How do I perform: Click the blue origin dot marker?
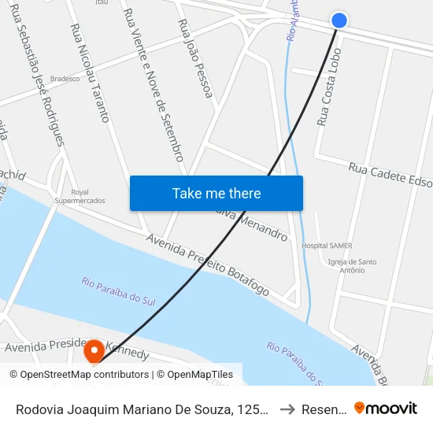pos(339,20)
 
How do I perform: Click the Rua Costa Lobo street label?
pos(328,97)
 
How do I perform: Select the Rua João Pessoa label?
pos(196,59)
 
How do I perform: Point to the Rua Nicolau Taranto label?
pos(90,72)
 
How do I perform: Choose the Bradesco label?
pos(65,79)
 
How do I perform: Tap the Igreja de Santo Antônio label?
pos(352,265)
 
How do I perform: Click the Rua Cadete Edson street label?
pos(390,176)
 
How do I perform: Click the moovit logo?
pos(386,408)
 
